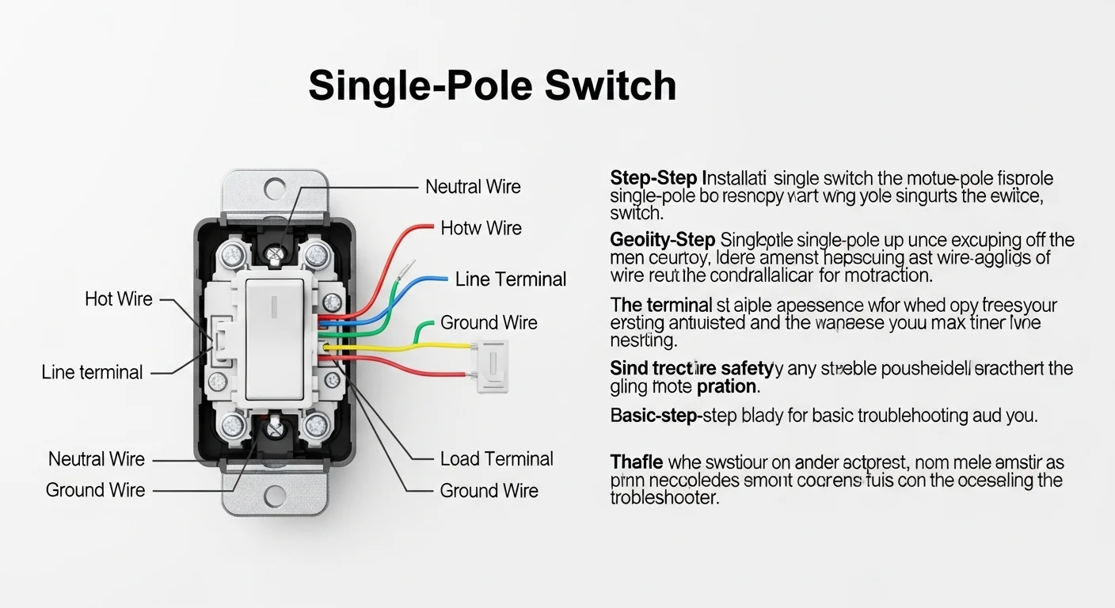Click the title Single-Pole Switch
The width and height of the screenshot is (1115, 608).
click(x=492, y=85)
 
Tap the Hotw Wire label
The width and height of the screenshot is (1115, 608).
click(x=481, y=228)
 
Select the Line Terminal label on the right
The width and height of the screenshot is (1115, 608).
click(x=511, y=279)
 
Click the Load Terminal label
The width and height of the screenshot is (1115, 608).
click(x=497, y=458)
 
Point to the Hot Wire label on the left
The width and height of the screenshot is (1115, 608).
click(x=119, y=299)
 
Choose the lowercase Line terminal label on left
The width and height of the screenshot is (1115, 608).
click(x=93, y=372)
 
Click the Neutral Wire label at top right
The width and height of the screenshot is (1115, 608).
click(x=473, y=187)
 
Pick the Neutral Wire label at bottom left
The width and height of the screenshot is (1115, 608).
click(x=97, y=459)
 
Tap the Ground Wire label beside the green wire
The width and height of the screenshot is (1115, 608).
click(x=489, y=322)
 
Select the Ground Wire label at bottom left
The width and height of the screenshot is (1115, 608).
click(x=96, y=490)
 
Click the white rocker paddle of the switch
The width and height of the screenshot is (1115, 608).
click(x=275, y=339)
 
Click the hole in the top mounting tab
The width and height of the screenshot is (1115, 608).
click(x=275, y=188)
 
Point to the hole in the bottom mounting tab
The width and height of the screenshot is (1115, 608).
click(x=275, y=496)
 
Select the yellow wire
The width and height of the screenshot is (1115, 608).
click(x=412, y=346)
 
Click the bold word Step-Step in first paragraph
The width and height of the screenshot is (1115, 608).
click(x=653, y=177)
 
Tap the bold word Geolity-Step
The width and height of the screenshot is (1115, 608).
click(x=662, y=239)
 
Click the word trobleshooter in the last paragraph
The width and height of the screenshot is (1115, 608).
click(x=664, y=498)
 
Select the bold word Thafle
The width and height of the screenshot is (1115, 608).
click(x=637, y=462)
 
